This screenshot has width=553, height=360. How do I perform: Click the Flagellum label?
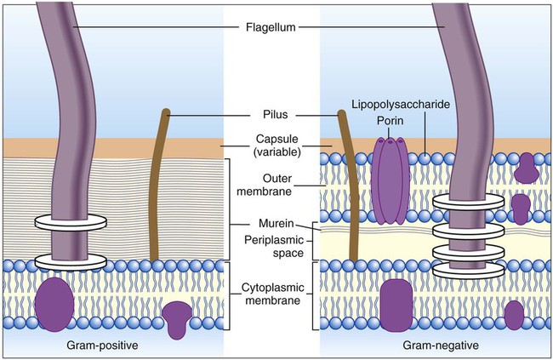(x=271, y=27)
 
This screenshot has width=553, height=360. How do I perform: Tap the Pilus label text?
(x=276, y=114)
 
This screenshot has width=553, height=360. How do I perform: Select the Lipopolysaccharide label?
(x=401, y=105)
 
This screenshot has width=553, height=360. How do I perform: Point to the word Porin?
(x=390, y=121)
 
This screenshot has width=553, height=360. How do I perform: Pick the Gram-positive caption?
(x=102, y=345)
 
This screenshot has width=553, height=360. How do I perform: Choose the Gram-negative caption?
(x=441, y=345)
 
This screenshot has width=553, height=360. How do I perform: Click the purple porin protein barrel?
(x=390, y=180)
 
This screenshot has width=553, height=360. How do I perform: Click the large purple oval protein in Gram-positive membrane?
(x=54, y=304)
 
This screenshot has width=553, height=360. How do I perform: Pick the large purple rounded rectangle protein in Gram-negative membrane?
(x=396, y=306)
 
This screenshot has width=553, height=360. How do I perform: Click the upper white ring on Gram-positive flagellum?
(x=71, y=222)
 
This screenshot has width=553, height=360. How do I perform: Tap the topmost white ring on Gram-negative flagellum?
(x=469, y=203)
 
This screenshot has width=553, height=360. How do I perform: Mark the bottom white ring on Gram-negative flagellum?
(x=469, y=270)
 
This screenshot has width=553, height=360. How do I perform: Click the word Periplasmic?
(x=274, y=240)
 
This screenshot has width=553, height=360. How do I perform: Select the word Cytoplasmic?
(x=272, y=288)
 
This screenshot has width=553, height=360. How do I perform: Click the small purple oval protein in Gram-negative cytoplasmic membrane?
(x=514, y=316)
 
